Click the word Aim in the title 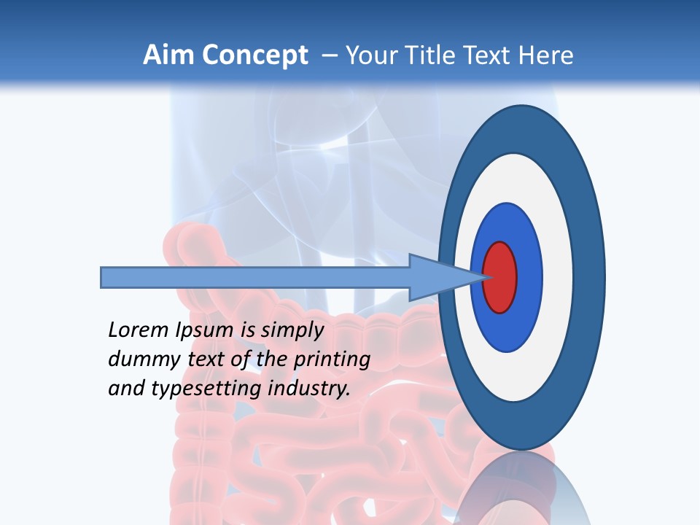168,55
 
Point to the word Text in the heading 490,55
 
